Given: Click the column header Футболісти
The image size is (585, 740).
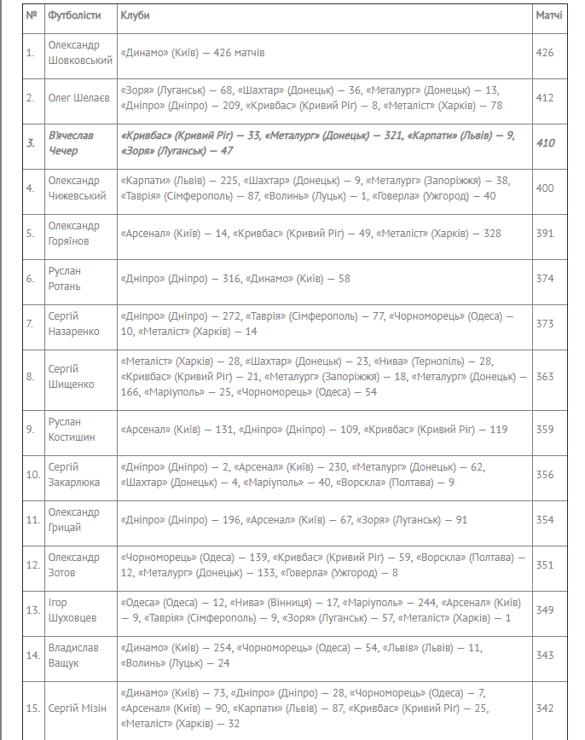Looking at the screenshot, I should (74, 16).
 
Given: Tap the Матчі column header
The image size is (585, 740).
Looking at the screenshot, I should (548, 16).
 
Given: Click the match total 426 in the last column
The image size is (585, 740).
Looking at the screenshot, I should (545, 53).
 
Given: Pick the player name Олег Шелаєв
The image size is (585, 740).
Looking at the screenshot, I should (78, 98).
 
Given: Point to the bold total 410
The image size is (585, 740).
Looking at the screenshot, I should (545, 143).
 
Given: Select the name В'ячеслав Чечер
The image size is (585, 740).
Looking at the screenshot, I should (71, 143).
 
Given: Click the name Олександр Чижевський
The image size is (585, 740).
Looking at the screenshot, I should (78, 188).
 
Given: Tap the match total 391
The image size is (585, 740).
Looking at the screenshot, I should (545, 234).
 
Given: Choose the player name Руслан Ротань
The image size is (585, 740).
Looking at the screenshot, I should (66, 279).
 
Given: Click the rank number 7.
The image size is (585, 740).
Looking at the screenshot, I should (31, 324).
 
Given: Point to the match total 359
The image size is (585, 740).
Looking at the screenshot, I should (545, 430).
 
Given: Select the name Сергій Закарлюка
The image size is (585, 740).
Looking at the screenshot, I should (74, 475).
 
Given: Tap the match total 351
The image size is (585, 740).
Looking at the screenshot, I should (545, 565).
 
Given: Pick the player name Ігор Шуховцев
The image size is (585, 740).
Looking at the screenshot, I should (73, 610).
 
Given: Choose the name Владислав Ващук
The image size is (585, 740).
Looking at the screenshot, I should (73, 656).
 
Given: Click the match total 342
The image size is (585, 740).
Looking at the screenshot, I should (545, 708).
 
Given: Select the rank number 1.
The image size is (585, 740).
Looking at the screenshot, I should (31, 53).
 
